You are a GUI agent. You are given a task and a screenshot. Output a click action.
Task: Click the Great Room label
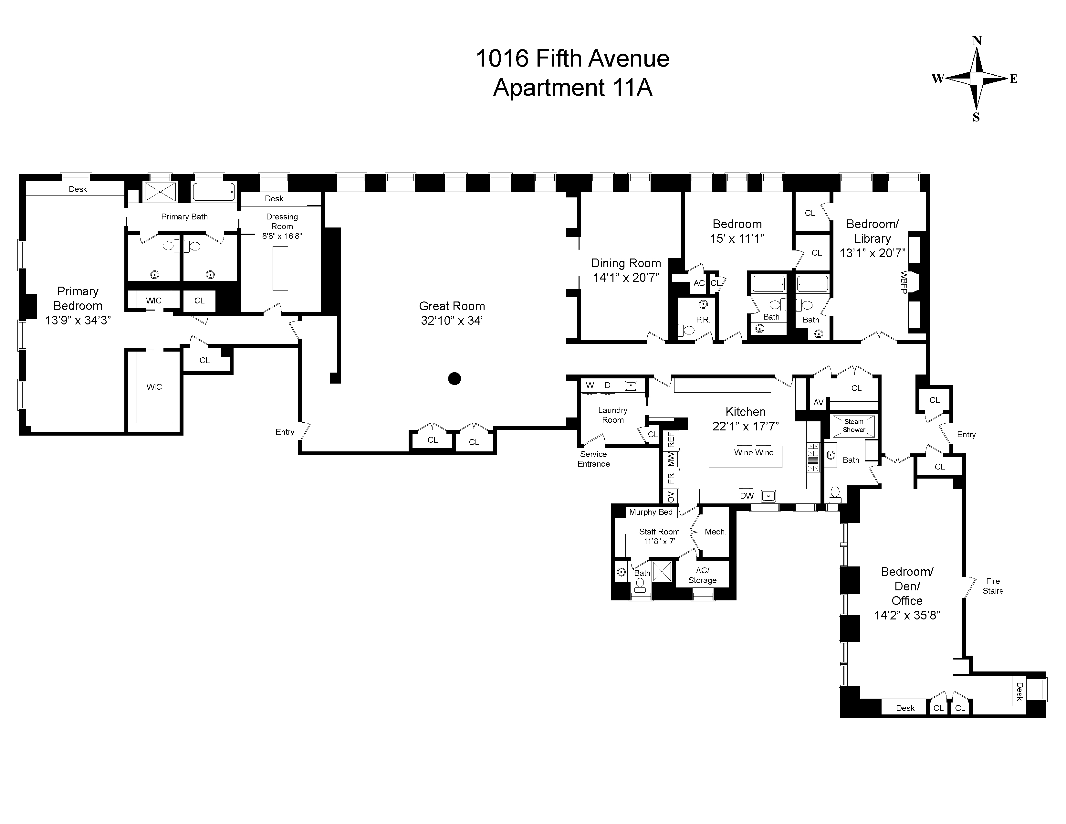[452, 306]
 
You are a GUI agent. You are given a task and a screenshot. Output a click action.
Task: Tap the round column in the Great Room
[455, 378]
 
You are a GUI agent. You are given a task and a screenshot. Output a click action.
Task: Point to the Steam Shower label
[854, 426]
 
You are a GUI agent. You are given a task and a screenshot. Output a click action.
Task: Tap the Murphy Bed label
[651, 512]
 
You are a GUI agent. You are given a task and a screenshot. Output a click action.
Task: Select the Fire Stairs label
[993, 586]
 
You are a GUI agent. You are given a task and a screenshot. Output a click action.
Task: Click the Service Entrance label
[593, 459]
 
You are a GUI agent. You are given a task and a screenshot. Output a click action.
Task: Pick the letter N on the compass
[977, 41]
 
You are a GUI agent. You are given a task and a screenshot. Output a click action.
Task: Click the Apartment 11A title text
[572, 88]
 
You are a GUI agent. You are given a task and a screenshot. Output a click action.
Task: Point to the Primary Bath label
[184, 217]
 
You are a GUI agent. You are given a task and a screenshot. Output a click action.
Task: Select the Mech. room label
[716, 532]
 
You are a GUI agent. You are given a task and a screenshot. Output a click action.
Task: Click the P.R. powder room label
[703, 320]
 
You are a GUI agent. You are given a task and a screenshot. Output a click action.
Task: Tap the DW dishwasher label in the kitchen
[747, 495]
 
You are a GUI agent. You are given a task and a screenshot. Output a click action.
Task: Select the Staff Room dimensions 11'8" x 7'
[659, 541]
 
